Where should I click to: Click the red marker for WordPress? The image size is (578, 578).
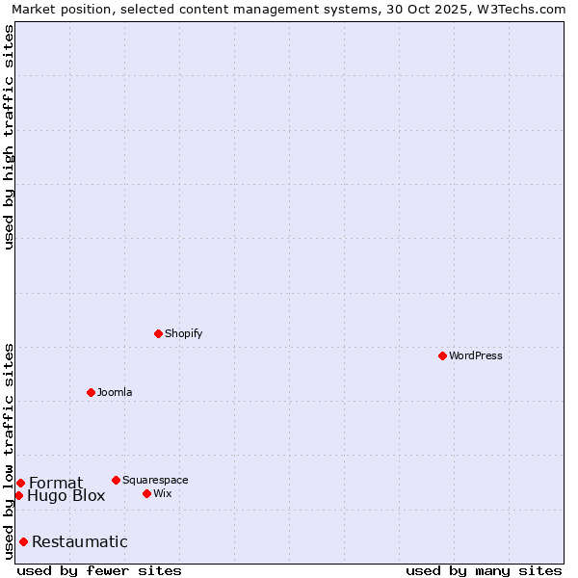click(x=442, y=355)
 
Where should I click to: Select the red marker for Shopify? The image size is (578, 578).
click(x=158, y=333)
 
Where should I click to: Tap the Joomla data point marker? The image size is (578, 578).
click(x=91, y=392)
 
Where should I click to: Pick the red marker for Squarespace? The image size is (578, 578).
click(x=116, y=480)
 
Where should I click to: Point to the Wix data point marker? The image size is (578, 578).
click(x=146, y=493)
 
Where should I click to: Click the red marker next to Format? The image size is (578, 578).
click(x=20, y=483)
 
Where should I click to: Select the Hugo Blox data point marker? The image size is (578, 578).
click(x=18, y=495)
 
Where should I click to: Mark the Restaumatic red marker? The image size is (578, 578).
click(x=23, y=541)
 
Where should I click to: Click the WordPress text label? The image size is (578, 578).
click(x=476, y=356)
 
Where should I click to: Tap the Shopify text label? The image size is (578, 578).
click(x=183, y=334)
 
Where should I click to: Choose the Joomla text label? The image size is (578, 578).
click(x=115, y=393)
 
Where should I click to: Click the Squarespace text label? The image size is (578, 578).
click(x=155, y=481)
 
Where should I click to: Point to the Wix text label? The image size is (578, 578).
click(x=163, y=494)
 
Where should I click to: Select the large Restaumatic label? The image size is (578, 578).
click(x=80, y=542)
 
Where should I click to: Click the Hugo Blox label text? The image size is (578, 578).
click(x=66, y=496)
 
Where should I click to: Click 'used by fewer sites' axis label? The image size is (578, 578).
click(x=99, y=570)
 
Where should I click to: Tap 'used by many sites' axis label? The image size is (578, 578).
click(x=484, y=570)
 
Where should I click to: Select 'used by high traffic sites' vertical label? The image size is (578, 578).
click(x=10, y=137)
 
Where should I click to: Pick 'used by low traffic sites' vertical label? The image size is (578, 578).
click(x=10, y=451)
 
